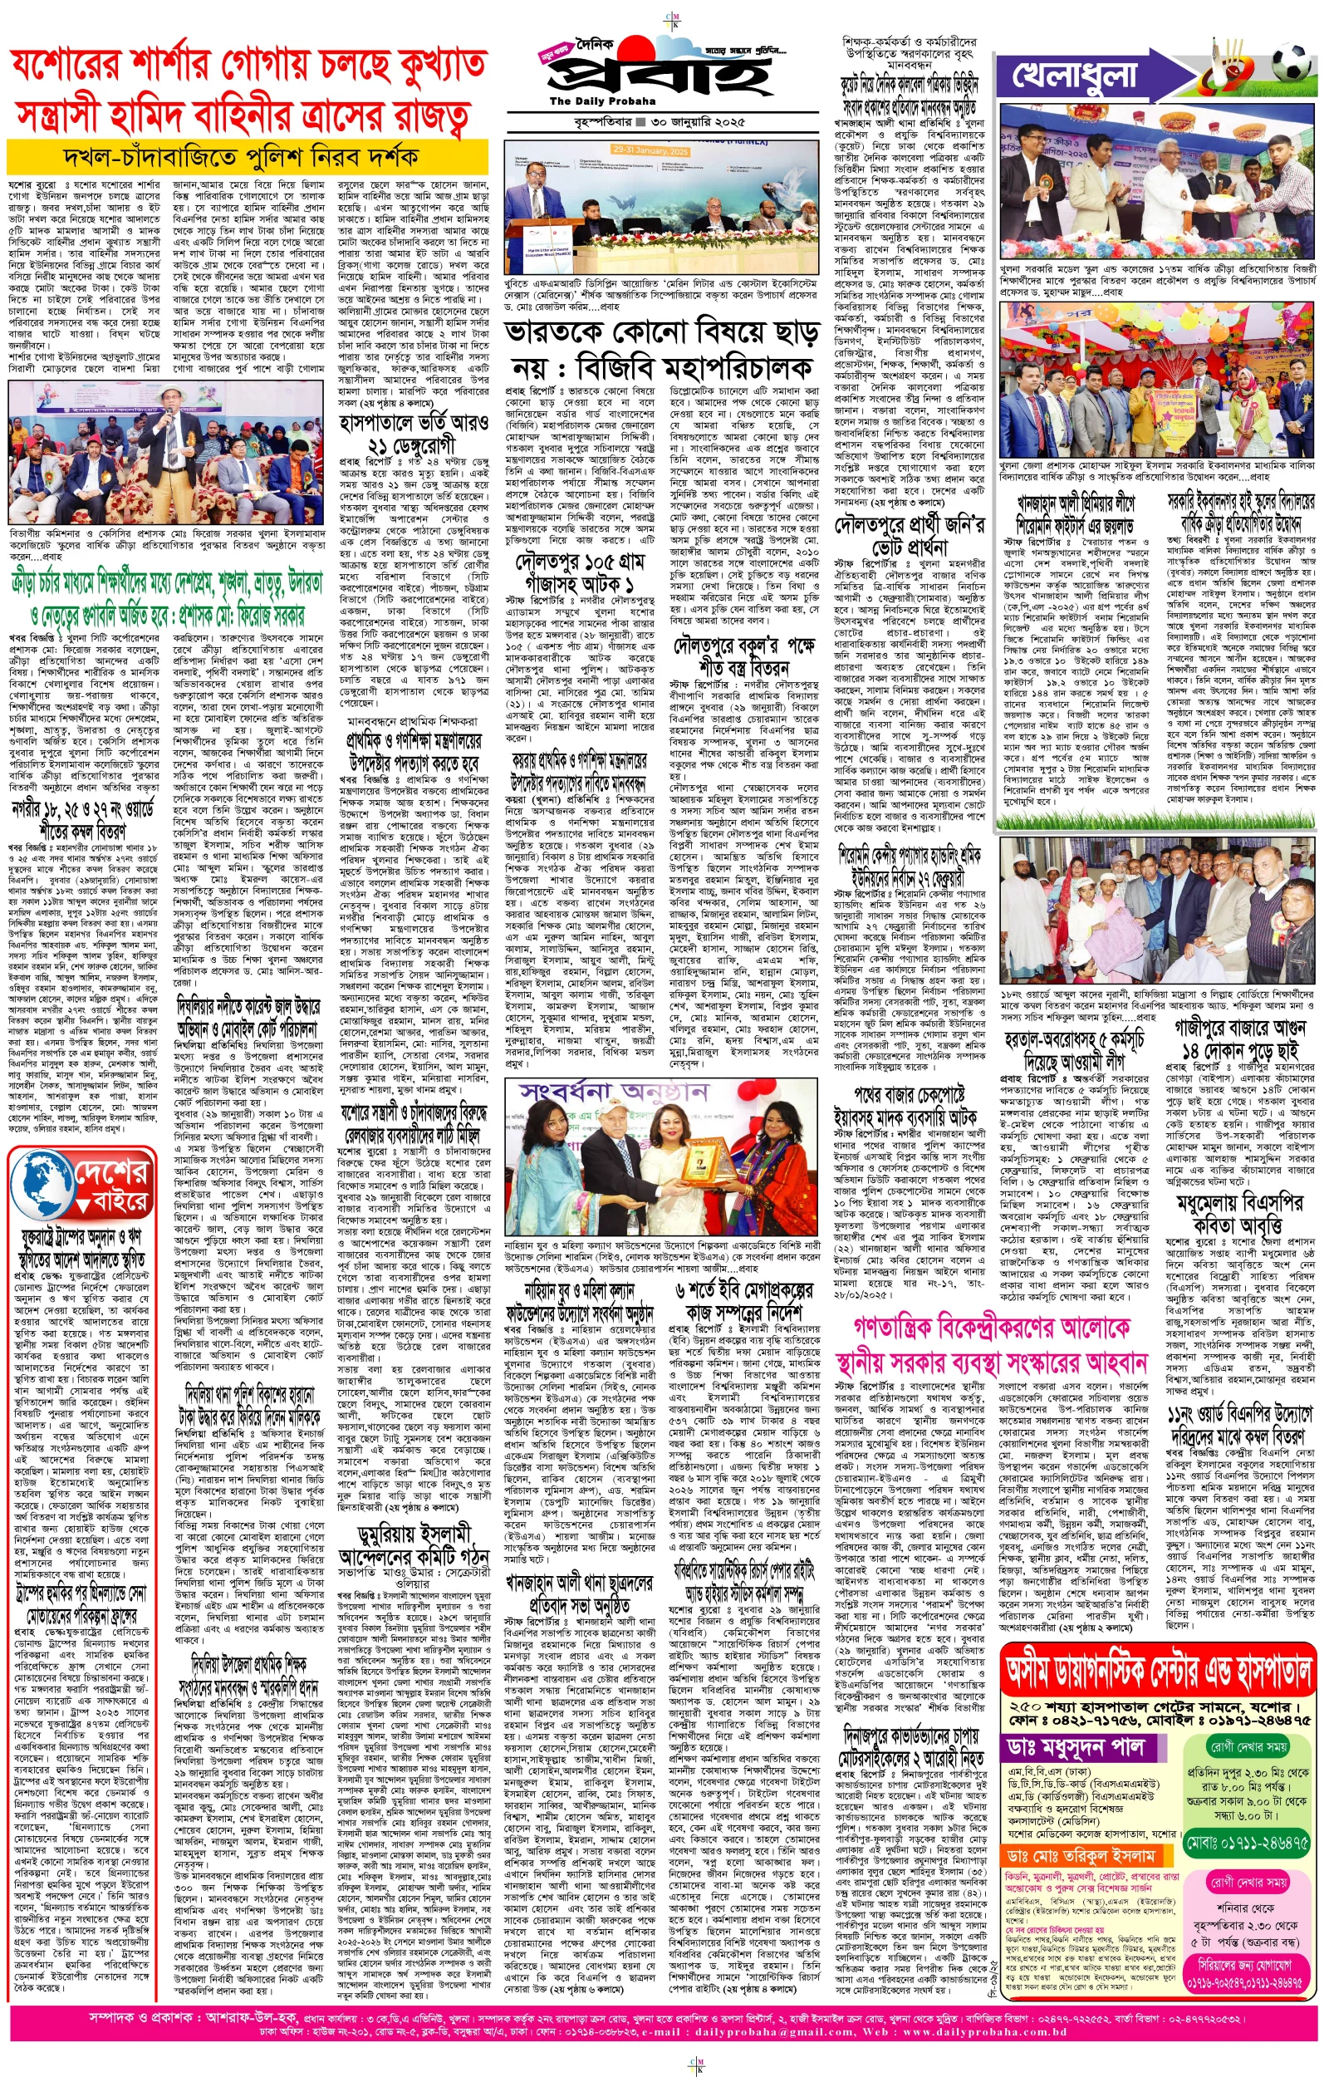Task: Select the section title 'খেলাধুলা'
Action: coord(1075,76)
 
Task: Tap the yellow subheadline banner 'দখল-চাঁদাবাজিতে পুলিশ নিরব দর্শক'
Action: coord(241,158)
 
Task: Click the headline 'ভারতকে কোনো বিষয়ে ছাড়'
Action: coord(661,333)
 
